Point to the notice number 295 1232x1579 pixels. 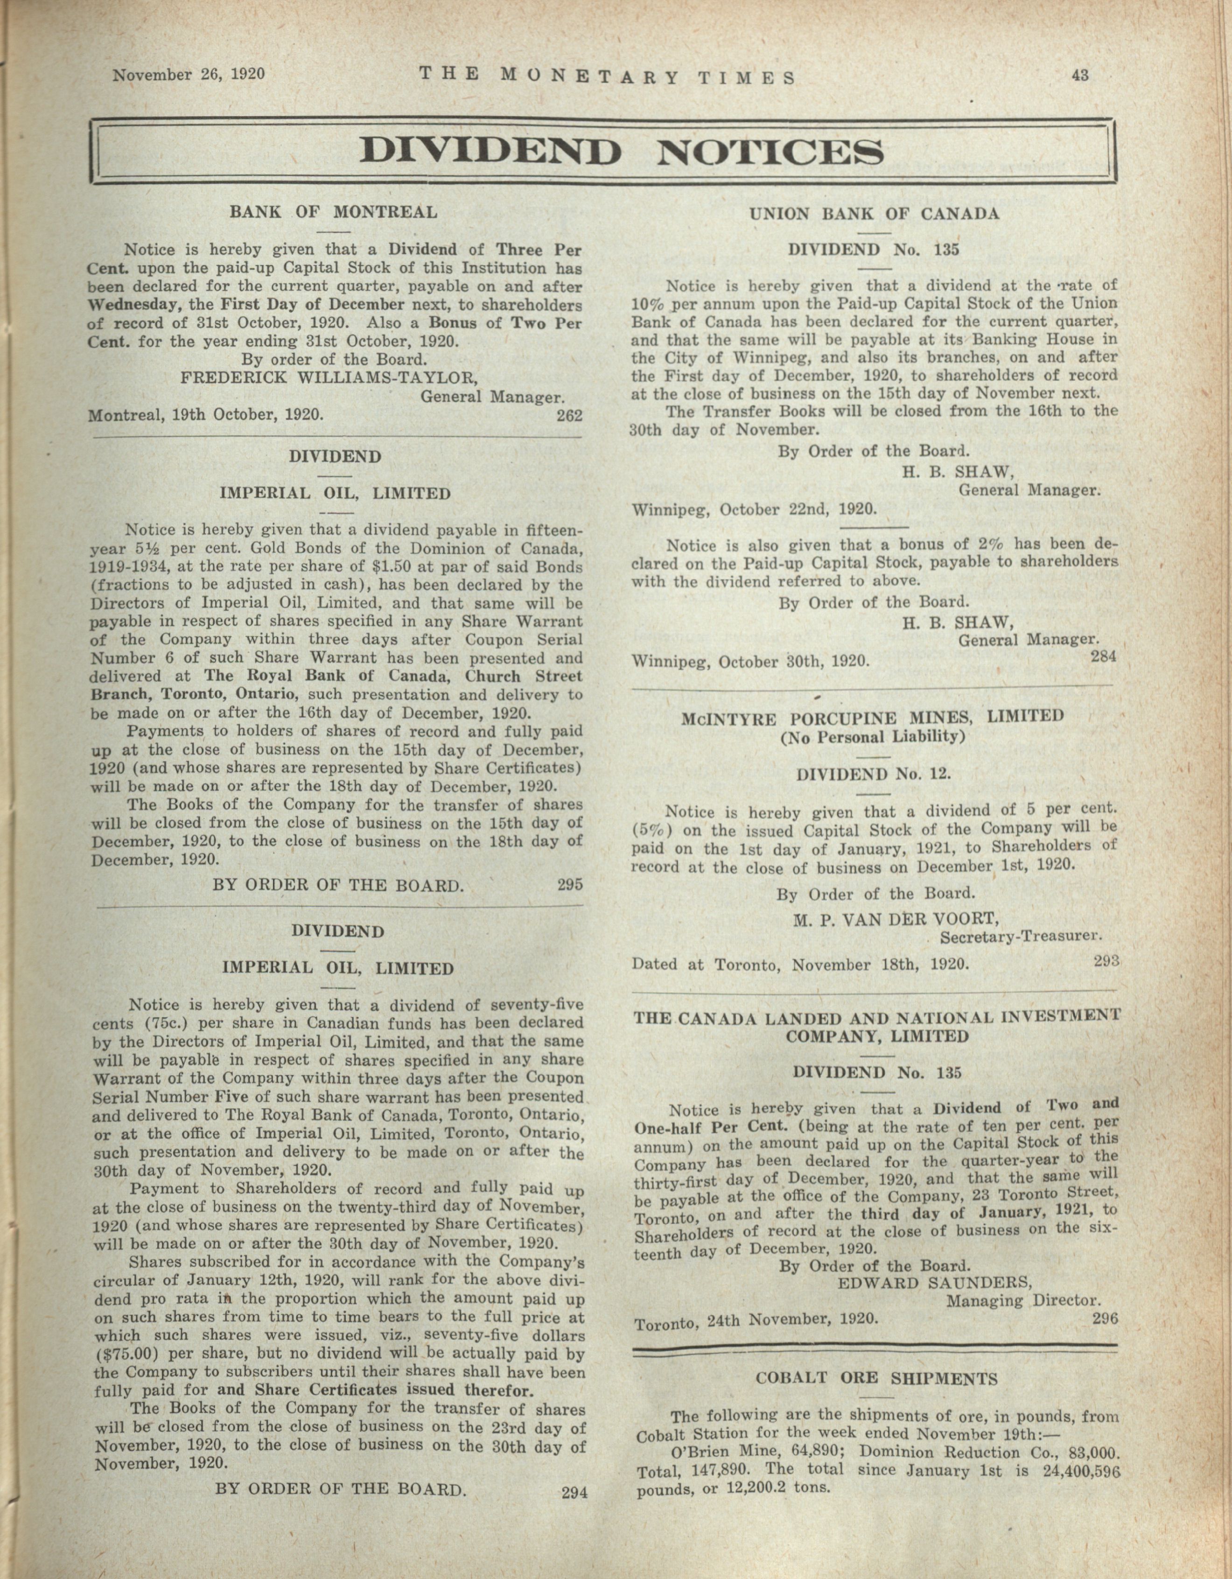pos(570,883)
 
